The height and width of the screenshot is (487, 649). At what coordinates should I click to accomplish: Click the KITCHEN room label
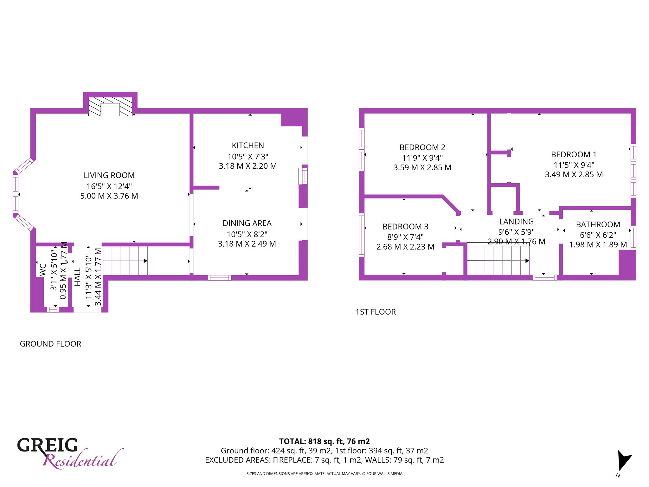pos(248,146)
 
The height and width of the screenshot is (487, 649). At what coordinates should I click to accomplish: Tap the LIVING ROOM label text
pos(109,175)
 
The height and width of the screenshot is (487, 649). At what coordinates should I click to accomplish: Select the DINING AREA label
pos(247,223)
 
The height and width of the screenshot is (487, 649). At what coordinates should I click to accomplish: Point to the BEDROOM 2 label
pos(422,147)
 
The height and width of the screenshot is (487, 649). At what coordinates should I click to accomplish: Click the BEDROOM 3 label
pos(405,227)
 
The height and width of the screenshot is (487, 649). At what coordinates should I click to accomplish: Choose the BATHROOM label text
pos(598,224)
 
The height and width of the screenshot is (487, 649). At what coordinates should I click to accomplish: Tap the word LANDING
pos(517,222)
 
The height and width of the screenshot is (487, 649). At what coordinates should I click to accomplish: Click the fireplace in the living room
pos(110,107)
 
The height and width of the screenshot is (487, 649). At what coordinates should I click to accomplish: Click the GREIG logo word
pos(47,445)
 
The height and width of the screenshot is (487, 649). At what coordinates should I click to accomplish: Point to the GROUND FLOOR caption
pos(50,344)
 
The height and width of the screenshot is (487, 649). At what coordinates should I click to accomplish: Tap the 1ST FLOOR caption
pos(376,312)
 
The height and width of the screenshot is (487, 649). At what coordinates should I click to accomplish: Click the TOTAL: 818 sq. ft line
pos(324,441)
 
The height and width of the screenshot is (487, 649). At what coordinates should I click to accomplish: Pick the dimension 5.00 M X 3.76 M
pos(109,196)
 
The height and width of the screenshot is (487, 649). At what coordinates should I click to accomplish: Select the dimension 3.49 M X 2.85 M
pos(574,174)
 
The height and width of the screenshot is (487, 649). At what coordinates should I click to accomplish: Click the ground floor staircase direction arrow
pos(125,261)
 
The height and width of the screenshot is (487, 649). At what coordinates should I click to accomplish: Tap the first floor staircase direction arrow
pos(498,261)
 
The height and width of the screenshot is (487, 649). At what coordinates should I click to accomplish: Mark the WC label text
pos(43,270)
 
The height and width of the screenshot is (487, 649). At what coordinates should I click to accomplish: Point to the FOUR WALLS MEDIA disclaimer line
pos(324,474)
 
